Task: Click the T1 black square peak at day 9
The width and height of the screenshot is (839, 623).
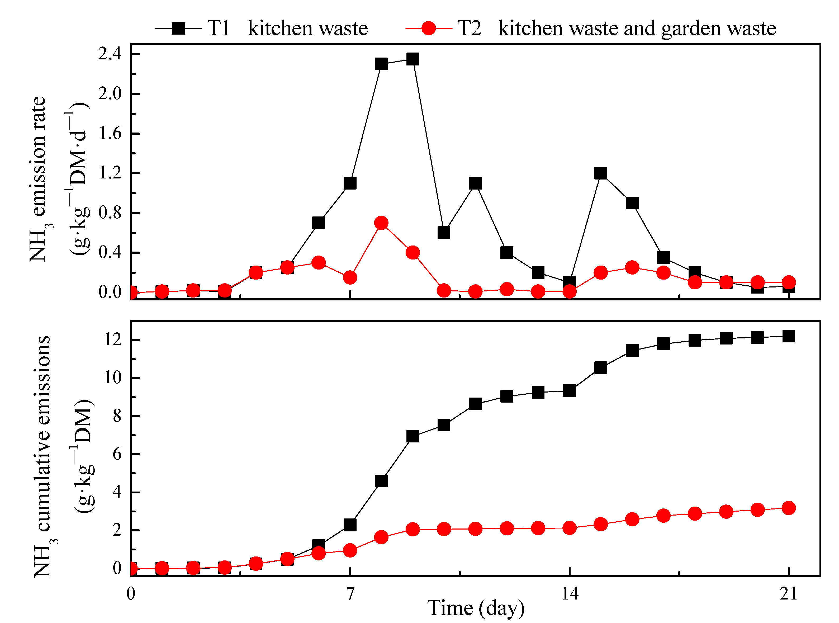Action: pyautogui.click(x=413, y=59)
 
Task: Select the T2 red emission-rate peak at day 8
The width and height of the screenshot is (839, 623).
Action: pyautogui.click(x=381, y=223)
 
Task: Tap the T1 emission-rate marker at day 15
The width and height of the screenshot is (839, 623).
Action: pyautogui.click(x=601, y=173)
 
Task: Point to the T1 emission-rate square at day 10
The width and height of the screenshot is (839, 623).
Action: pyautogui.click(x=444, y=233)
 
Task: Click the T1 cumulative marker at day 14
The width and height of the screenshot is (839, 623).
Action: pyautogui.click(x=569, y=391)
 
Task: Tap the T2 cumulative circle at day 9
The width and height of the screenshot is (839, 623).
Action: pyautogui.click(x=413, y=530)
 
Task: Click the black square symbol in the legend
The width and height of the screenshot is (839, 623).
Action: pyautogui.click(x=178, y=28)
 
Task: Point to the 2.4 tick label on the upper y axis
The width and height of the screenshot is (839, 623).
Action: pyautogui.click(x=110, y=54)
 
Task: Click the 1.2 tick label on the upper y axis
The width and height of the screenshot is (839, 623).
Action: pyautogui.click(x=110, y=173)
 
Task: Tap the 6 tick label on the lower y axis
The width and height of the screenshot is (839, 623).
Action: pyautogui.click(x=117, y=454)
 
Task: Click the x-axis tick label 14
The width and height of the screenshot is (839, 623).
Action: pyautogui.click(x=569, y=594)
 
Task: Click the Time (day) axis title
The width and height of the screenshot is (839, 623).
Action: pyautogui.click(x=476, y=608)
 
